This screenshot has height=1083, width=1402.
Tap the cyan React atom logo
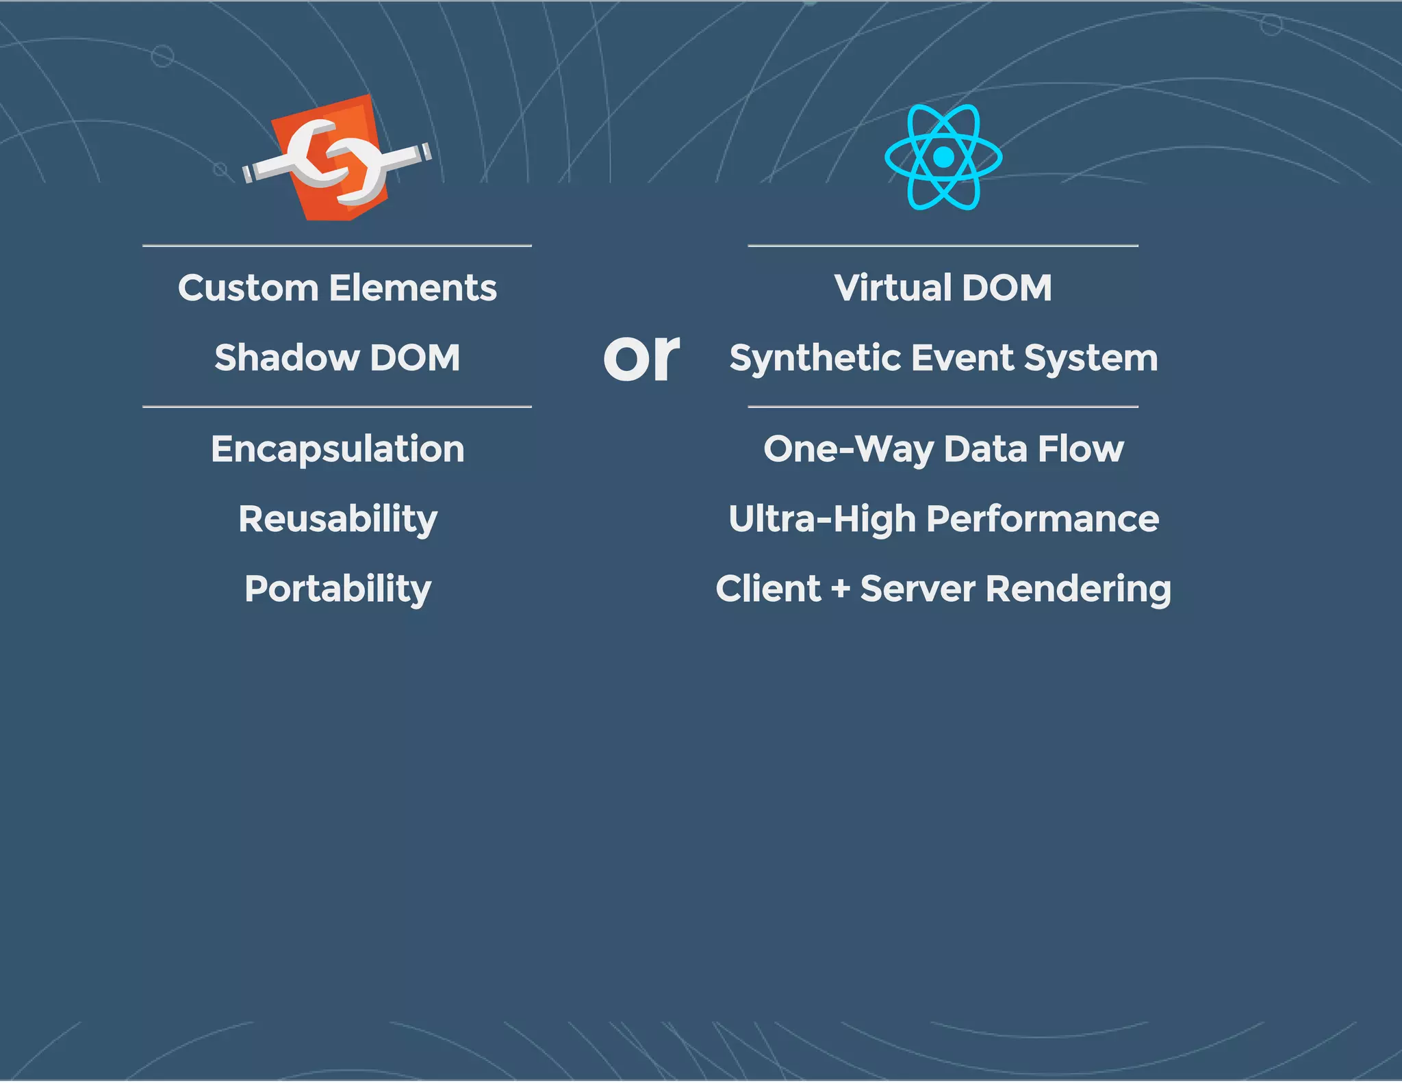coord(943,157)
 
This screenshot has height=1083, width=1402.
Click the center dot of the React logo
coord(943,157)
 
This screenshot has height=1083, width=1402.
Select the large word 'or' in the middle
coord(641,357)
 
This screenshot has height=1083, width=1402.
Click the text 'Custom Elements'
coord(337,288)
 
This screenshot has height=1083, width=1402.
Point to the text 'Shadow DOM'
coord(337,357)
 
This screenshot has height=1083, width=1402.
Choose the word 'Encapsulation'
coord(337,449)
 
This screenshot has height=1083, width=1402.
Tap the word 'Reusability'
coord(337,519)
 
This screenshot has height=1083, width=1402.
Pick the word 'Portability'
coord(337,589)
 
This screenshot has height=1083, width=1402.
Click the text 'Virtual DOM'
coord(943,288)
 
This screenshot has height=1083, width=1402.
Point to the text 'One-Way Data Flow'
coord(943,449)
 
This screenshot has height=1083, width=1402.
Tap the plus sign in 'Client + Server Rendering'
coord(841,589)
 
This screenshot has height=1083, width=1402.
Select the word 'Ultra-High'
coord(822,519)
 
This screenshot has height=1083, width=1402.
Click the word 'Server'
coord(917,589)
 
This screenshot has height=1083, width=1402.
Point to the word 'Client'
coord(768,589)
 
